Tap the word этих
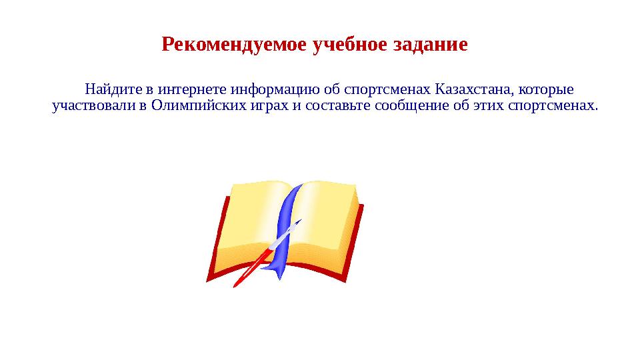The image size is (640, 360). [488, 106]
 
